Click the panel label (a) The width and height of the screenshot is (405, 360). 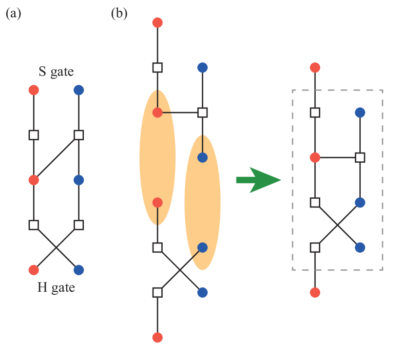click(13, 14)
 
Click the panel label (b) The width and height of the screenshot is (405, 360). click(119, 14)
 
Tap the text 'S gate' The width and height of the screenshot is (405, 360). click(56, 72)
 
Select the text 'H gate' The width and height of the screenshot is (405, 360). click(56, 287)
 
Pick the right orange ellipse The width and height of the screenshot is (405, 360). click(202, 202)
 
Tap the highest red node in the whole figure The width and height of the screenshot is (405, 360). click(157, 23)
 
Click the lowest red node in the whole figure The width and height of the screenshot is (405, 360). click(157, 337)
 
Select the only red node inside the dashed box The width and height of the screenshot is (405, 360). click(315, 158)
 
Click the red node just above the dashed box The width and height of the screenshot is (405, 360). click(315, 68)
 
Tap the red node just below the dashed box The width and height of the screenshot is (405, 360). click(315, 292)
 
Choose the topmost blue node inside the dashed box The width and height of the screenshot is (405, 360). click(360, 113)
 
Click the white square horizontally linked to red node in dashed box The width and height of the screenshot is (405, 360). click(360, 158)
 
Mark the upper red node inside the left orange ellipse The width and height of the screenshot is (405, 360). click(157, 113)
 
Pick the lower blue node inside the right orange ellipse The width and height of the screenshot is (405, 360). click(202, 247)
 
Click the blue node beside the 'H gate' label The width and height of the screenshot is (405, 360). click(78, 270)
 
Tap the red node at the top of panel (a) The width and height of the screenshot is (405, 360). click(34, 90)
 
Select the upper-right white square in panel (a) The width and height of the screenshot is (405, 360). click(78, 135)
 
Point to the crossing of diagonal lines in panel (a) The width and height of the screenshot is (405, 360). click(56, 247)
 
